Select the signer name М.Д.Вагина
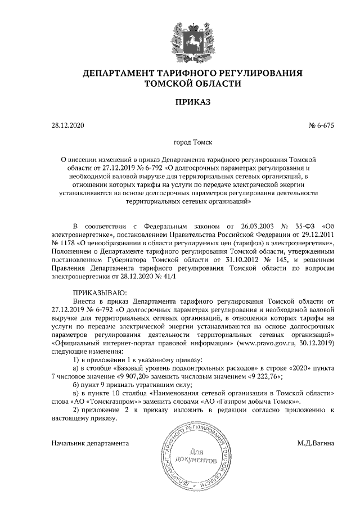(316, 443)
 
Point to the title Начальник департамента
(90, 443)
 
